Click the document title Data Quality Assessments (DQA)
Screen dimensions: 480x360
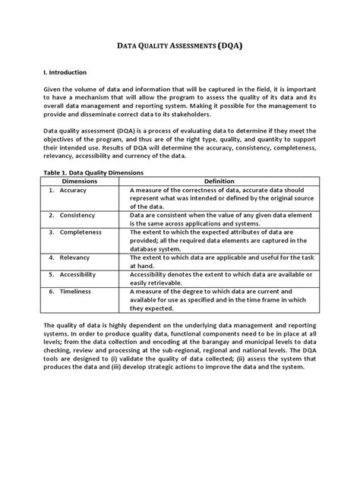[x=179, y=46]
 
